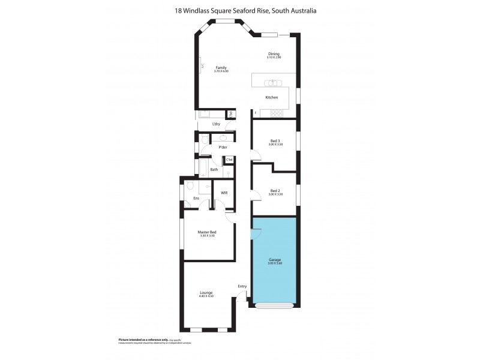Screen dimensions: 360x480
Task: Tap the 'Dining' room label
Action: click(274, 54)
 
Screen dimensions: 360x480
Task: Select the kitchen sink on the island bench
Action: click(274, 82)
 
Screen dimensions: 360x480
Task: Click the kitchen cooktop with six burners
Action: click(277, 112)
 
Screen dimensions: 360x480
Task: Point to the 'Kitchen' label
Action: click(272, 97)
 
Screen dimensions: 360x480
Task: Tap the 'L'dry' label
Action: click(216, 124)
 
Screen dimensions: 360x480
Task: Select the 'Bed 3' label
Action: click(275, 141)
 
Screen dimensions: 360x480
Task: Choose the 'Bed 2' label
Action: click(275, 191)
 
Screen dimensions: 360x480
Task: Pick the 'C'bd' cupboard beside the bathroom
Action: click(229, 160)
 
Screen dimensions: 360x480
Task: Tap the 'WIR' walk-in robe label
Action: click(224, 193)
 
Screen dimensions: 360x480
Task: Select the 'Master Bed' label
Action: click(207, 232)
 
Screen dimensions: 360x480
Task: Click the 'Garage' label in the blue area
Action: click(274, 260)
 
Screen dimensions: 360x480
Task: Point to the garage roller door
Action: click(274, 305)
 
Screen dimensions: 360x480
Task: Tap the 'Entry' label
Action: click(242, 286)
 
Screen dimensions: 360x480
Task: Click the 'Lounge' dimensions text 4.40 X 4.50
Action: click(206, 296)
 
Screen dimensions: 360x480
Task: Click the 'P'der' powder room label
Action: click(223, 147)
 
